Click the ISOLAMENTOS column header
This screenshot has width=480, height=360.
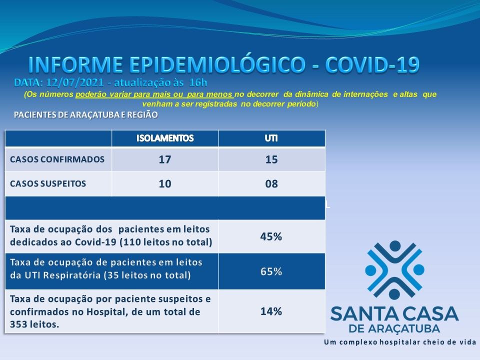click(165, 138)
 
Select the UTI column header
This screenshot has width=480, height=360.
click(271, 138)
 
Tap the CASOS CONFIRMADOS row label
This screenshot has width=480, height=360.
click(57, 159)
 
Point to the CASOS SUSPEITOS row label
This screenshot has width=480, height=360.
click(48, 183)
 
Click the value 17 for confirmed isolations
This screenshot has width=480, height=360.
click(164, 159)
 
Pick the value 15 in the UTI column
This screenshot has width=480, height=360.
click(271, 159)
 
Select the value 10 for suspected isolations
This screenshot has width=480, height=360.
click(164, 183)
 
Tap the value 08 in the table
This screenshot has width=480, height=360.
click(271, 183)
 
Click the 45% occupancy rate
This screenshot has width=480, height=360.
click(271, 236)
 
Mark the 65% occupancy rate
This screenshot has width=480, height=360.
click(271, 271)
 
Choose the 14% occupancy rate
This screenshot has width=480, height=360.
click(271, 311)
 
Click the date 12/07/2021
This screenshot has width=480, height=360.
click(75, 82)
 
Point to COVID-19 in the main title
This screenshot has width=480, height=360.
click(372, 64)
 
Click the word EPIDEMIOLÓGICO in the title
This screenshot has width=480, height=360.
click(217, 64)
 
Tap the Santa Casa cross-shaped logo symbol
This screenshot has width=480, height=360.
click(394, 270)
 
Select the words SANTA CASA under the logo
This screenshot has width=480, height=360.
click(394, 314)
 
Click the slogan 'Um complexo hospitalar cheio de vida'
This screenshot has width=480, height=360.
click(400, 342)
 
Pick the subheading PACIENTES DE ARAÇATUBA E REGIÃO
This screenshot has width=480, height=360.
click(86, 115)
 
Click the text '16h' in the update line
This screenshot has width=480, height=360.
click(198, 82)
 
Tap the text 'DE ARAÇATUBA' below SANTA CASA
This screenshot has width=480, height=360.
click(394, 328)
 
